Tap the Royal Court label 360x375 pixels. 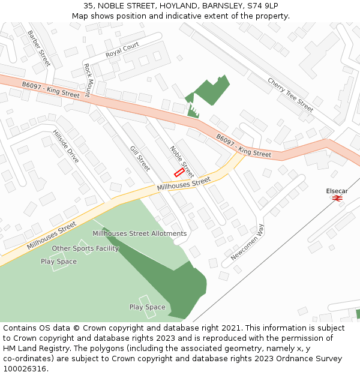[x=122, y=50]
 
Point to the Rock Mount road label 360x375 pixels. [x=87, y=80]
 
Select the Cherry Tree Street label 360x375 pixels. [x=290, y=95]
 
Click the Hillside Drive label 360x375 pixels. [x=65, y=146]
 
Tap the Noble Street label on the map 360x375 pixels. [x=182, y=161]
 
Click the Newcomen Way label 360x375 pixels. [x=247, y=241]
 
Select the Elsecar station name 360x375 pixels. [x=337, y=191]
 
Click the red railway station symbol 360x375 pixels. [x=337, y=199]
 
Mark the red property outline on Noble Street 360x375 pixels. [x=179, y=172]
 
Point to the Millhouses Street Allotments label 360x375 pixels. [x=139, y=233]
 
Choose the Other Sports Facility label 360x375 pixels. [x=85, y=248]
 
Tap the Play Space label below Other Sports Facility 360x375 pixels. [x=59, y=262]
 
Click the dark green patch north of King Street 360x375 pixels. [x=211, y=91]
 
